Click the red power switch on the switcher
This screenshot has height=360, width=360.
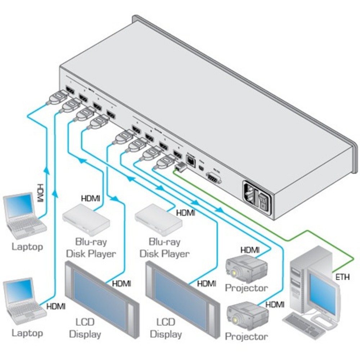tap(264, 203)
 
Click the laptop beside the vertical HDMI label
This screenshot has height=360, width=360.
tap(23, 216)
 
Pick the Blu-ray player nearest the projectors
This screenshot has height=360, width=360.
tap(158, 220)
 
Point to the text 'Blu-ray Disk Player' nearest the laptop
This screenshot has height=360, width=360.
tap(91, 247)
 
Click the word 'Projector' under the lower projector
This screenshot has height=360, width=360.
tap(246, 337)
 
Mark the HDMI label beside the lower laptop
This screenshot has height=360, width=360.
tap(56, 306)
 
